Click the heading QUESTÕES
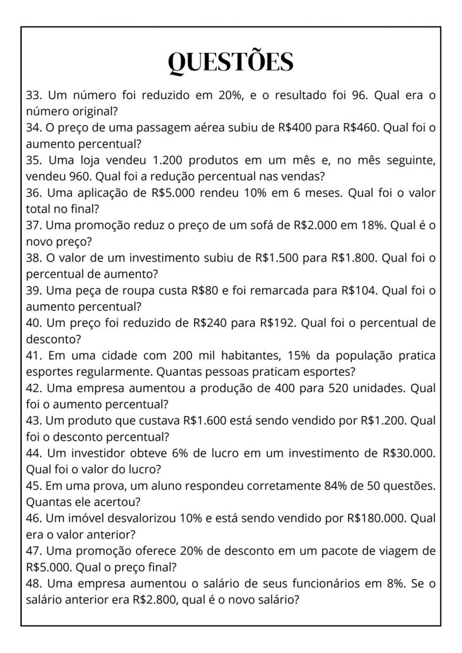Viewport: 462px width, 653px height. (231, 62)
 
